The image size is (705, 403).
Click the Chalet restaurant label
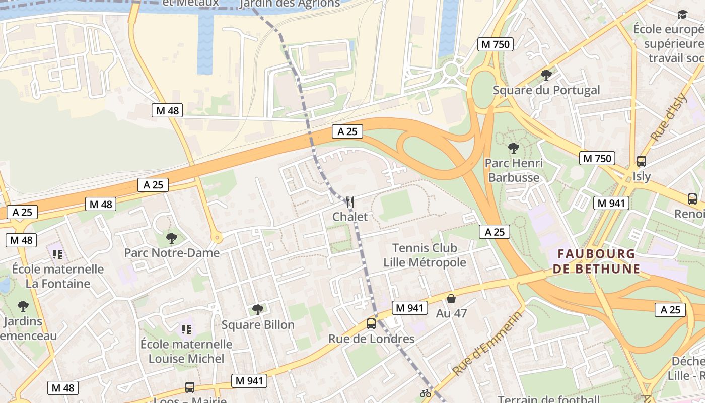point(350,217)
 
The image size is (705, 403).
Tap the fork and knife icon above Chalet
point(350,203)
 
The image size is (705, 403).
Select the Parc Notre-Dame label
point(172,252)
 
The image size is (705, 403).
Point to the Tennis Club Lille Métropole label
point(425,255)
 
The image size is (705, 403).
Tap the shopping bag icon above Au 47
point(451,299)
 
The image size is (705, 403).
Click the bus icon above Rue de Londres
point(371,324)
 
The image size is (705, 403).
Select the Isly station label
point(642,176)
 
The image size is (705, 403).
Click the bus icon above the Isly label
point(642,161)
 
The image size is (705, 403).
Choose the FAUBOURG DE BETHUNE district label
point(596,261)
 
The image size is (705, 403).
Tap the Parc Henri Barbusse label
point(514,170)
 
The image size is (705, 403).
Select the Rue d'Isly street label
point(669,117)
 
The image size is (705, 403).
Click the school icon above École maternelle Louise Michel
point(186,329)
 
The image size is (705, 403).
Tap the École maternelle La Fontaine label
point(58,276)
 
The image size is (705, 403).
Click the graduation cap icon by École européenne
point(682,14)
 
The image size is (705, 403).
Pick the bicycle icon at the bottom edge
point(426,393)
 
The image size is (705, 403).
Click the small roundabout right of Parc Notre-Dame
point(217,237)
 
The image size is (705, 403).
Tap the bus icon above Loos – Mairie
point(190,387)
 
